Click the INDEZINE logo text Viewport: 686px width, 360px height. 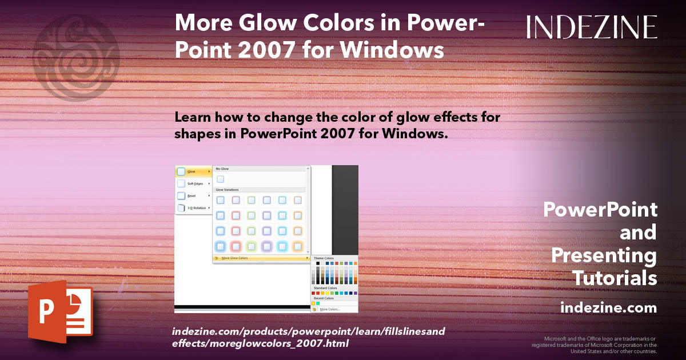click(x=592, y=27)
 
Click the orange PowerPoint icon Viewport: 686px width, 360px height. click(x=60, y=311)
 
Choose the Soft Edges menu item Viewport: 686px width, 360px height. click(x=195, y=183)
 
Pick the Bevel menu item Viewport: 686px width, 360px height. click(x=192, y=195)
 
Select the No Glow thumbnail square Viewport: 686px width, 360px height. click(x=220, y=179)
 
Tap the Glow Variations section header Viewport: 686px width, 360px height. click(x=228, y=190)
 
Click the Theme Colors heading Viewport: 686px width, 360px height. click(x=324, y=258)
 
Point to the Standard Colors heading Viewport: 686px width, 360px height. click(x=325, y=288)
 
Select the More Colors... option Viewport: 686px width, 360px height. click(x=330, y=309)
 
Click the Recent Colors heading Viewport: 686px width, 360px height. click(x=324, y=298)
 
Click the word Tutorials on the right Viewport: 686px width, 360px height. click(x=615, y=278)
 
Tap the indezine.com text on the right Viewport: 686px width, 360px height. click(x=609, y=308)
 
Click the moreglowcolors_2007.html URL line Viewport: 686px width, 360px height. click(x=260, y=343)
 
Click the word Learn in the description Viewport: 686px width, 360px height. click(x=191, y=118)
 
